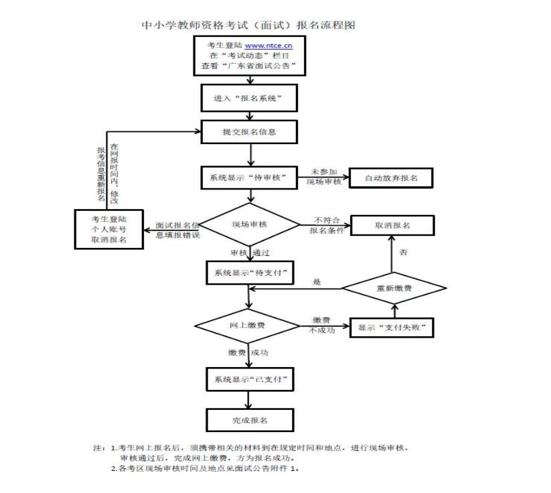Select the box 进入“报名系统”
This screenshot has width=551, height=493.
pos(249,98)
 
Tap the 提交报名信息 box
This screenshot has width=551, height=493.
pos(249,132)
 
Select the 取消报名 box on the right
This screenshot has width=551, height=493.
pos(392,226)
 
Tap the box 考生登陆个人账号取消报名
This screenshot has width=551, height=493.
pos(109,229)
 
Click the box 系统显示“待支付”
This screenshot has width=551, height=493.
pos(249,273)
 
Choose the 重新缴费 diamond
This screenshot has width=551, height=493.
pos(394,288)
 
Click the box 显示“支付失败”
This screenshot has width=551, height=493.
pos(392,328)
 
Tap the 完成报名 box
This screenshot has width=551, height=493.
pos(249,419)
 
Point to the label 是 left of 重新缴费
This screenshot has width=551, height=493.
pos(317,282)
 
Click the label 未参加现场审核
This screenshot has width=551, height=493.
pos(324,177)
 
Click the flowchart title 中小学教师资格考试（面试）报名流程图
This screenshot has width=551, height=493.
pos(249,25)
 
